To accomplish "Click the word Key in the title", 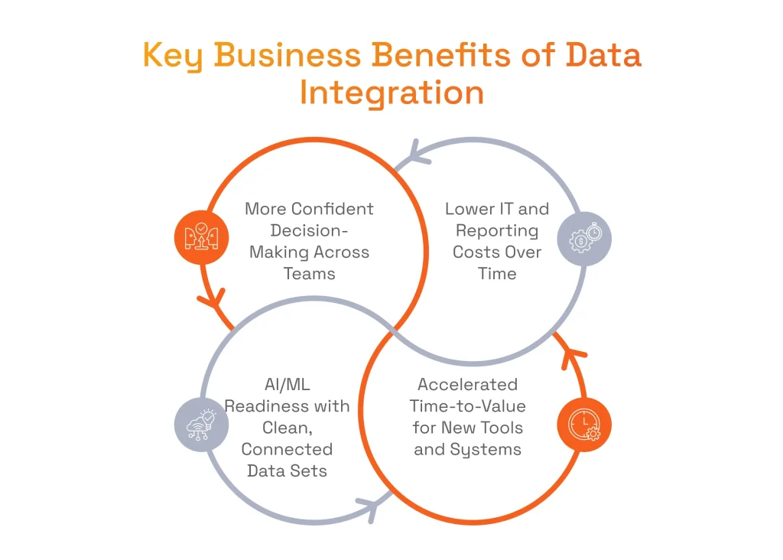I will pos(172,57).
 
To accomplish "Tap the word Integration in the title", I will pos(391,93).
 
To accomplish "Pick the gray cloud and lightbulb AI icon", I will pos(201,424).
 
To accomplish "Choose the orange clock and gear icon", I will pos(585,425).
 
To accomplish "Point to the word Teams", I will pos(310,273).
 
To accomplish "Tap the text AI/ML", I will pos(287,385).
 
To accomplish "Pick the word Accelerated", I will pos(467,385).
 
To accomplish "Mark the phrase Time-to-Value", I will pos(467,406).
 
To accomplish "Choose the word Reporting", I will pos(497,230).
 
